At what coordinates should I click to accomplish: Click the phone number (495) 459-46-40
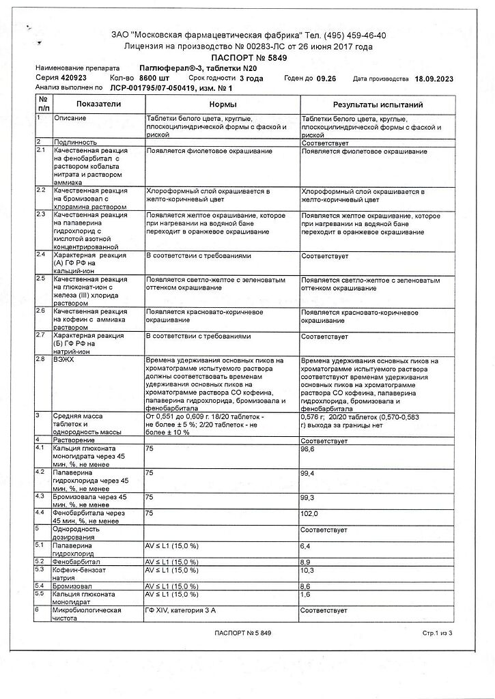pyautogui.click(x=348, y=35)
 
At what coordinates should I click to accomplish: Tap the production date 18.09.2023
pyautogui.click(x=434, y=79)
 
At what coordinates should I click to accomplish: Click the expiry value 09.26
pyautogui.click(x=327, y=79)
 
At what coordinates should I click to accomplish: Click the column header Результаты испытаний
pyautogui.click(x=378, y=104)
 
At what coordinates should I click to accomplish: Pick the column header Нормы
pyautogui.click(x=223, y=104)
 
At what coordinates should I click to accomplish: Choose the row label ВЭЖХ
pyautogui.click(x=66, y=359)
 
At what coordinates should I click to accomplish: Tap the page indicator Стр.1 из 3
pyautogui.click(x=438, y=634)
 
